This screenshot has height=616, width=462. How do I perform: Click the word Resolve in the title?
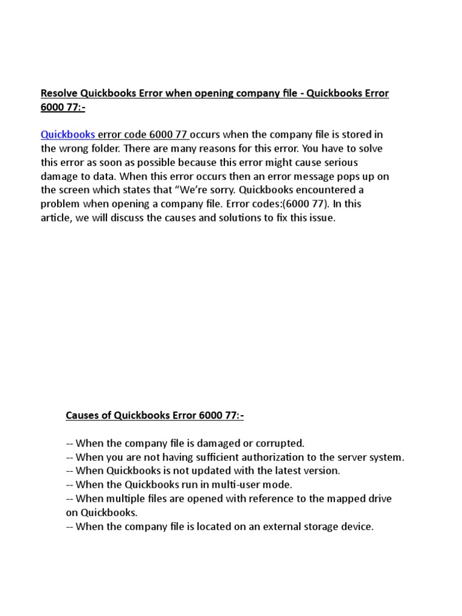click(58, 93)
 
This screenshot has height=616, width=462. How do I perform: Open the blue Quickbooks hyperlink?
click(67, 134)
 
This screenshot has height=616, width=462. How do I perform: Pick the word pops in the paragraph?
click(351, 176)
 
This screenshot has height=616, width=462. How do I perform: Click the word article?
click(56, 218)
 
